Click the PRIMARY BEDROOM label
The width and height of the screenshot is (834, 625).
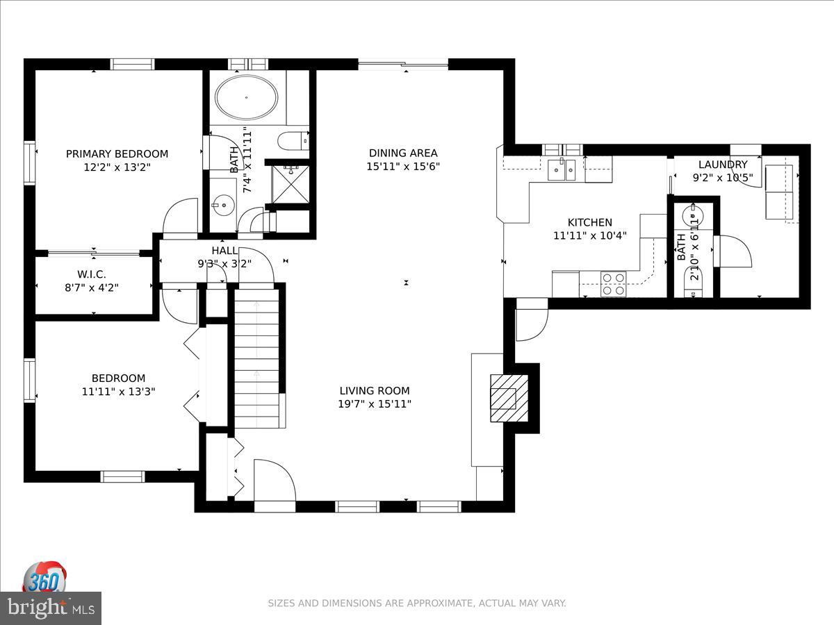(117, 153)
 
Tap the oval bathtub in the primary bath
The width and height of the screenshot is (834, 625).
(246, 97)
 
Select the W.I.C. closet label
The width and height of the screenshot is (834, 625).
(92, 274)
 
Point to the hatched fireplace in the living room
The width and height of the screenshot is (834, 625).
(509, 398)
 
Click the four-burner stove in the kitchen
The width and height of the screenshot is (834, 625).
(613, 284)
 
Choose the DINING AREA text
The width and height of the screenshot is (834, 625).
(403, 153)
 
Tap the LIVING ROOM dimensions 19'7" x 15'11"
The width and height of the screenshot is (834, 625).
(375, 403)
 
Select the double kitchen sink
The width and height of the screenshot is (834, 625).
(562, 169)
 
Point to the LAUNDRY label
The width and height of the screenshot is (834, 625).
(723, 165)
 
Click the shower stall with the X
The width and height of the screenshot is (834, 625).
(291, 184)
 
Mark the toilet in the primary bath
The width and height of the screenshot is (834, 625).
(293, 141)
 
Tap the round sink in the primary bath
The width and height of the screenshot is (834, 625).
(223, 206)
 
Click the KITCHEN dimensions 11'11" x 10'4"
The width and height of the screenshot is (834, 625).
(589, 235)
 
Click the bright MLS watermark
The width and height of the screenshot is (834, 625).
(51, 608)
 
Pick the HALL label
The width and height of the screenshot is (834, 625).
(224, 251)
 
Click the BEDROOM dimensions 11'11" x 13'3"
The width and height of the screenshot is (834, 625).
(119, 391)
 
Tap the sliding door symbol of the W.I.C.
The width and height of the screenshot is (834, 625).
(94, 253)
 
